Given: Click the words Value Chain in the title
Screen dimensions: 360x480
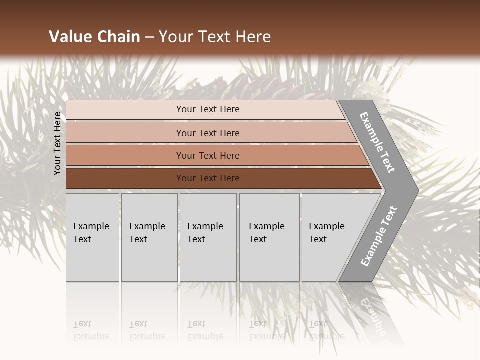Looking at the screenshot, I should pos(94,37).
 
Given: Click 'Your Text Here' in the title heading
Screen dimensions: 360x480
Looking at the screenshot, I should pos(215,37).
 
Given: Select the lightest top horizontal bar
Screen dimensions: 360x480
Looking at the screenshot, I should pos(208,109).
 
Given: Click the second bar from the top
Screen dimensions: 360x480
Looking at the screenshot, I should pos(208,133).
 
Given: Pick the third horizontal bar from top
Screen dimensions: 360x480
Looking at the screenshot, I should pos(208,155).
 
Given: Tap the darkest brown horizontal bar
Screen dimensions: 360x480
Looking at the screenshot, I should pos(208,178).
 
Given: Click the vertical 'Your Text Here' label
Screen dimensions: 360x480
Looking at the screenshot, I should pos(57,144).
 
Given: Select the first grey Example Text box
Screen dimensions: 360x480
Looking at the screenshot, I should pos(92,237).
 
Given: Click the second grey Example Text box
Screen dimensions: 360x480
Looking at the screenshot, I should pos(149,237).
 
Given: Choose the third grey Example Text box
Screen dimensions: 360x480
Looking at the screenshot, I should pos(207,237).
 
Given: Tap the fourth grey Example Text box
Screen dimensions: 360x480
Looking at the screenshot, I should pos(269,237).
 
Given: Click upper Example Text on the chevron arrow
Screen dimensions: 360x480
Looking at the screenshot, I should pos(377,143).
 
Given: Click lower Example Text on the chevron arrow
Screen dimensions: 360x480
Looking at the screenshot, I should pos(378,236).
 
